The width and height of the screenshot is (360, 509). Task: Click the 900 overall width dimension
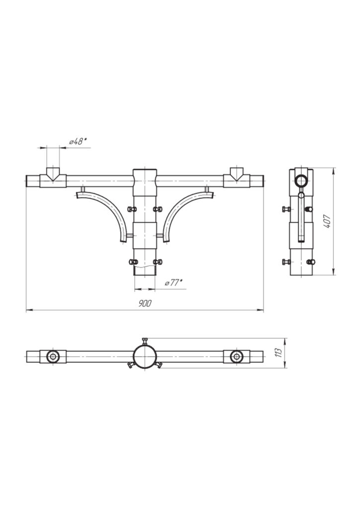coord(145,303)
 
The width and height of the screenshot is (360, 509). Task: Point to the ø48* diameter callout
coord(77,142)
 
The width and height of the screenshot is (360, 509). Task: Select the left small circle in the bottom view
coord(53,356)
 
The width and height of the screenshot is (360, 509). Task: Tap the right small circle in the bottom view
coord(237,356)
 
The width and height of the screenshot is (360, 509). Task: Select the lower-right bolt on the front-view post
coord(159,261)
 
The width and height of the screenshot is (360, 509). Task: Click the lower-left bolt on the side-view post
coord(285,261)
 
